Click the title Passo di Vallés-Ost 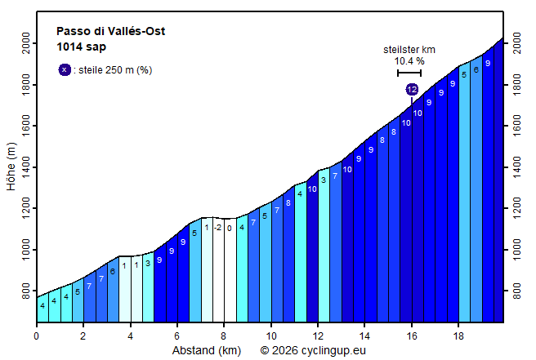(x=110, y=32)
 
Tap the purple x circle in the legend (x=65, y=70)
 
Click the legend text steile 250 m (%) (x=114, y=70)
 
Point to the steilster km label (x=409, y=50)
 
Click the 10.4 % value (x=409, y=61)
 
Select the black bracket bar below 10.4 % (x=409, y=73)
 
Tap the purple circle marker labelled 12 (x=412, y=89)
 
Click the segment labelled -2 (x=218, y=228)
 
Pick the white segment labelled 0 (x=230, y=228)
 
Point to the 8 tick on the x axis (x=224, y=336)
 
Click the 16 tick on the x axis (x=412, y=336)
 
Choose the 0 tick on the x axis (x=36, y=336)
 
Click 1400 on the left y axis (x=26, y=167)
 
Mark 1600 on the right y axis (x=515, y=126)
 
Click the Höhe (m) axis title (x=11, y=167)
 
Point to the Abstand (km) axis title (x=206, y=350)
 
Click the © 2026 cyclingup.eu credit (x=313, y=350)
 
